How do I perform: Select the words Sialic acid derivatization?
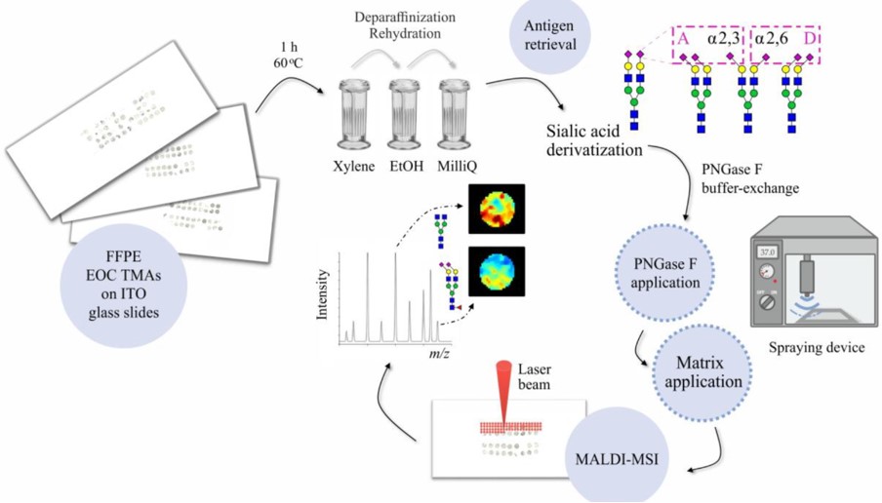[593, 140]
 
